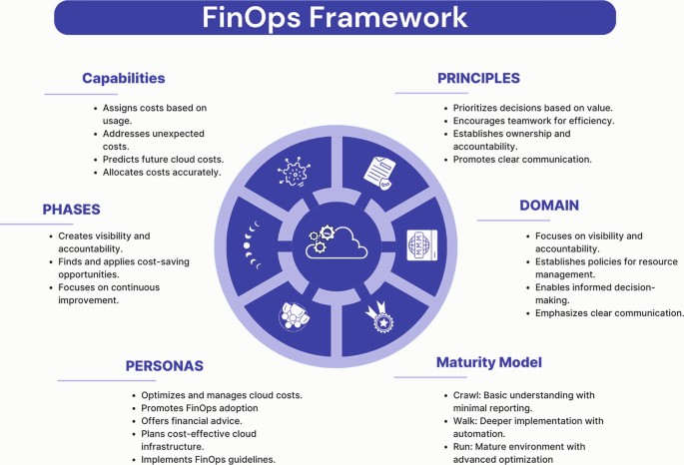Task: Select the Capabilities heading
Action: [x=124, y=77]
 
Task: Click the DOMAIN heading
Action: [x=549, y=205]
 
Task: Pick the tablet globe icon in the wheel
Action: [x=421, y=242]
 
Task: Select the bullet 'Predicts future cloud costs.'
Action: [x=162, y=160]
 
